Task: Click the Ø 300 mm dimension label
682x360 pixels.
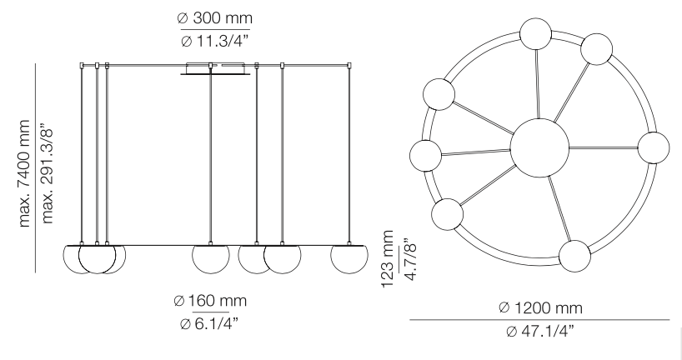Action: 214,17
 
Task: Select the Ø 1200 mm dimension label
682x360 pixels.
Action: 539,308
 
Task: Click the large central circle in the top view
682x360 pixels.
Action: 539,147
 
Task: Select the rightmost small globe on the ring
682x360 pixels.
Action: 654,147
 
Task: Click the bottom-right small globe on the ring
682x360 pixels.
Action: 576,256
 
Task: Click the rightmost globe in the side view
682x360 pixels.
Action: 349,258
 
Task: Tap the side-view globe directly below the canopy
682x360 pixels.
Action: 211,258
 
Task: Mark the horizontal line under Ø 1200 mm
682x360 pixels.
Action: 539,319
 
